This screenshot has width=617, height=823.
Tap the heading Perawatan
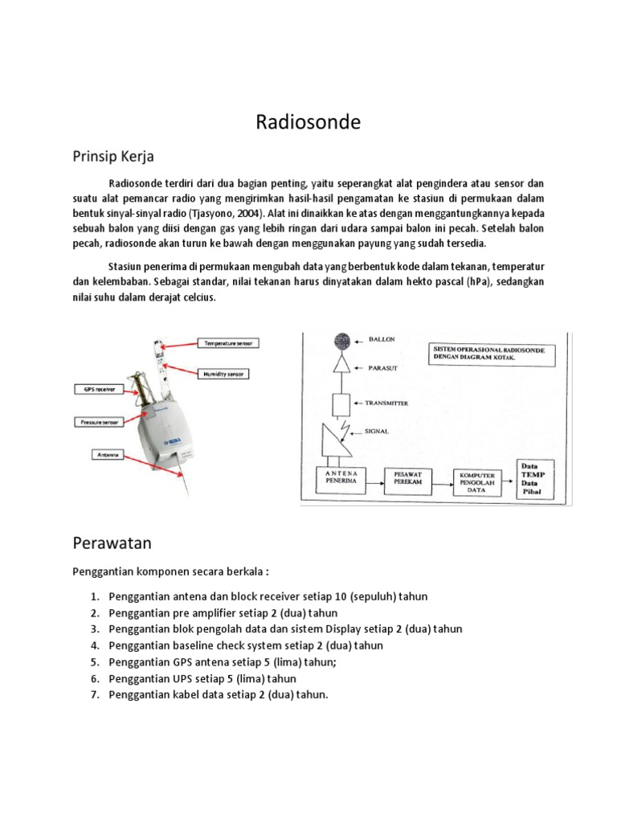[112, 543]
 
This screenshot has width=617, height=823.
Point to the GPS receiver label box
[96, 388]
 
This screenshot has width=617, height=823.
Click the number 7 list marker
[94, 694]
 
